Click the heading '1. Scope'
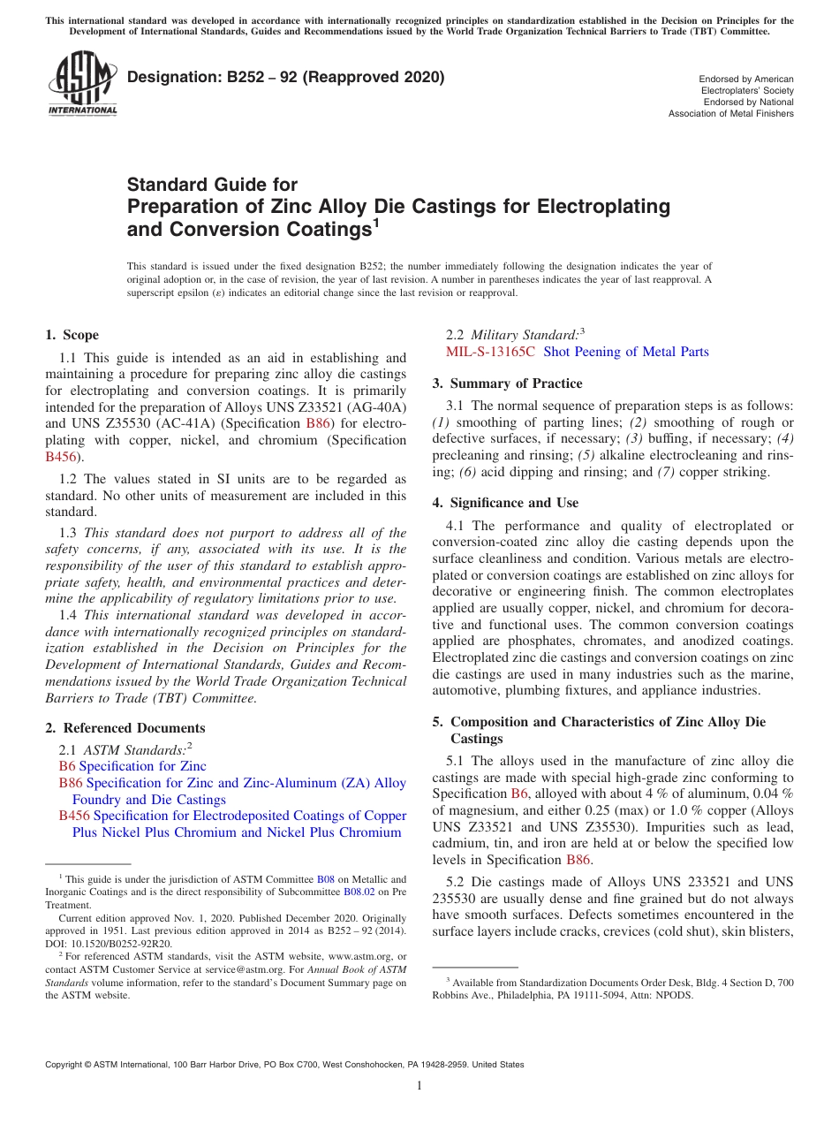click(72, 335)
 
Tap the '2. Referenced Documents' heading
click(125, 728)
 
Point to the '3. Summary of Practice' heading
click(507, 384)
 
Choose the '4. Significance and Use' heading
click(505, 503)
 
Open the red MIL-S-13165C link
click(490, 352)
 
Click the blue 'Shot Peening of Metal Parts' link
click(626, 352)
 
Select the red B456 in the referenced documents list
click(74, 816)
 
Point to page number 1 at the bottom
click(419, 1086)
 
